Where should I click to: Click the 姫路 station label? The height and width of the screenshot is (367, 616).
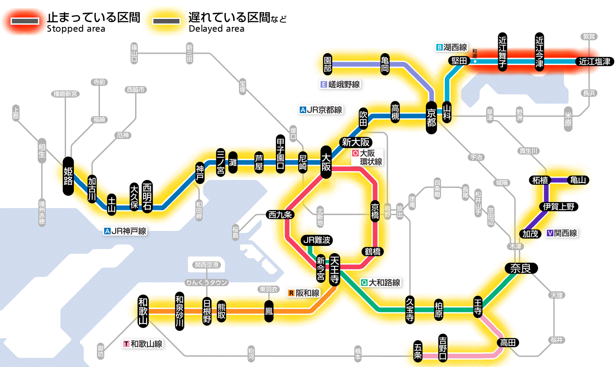point(68,176)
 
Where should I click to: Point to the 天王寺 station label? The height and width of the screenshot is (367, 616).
point(334,269)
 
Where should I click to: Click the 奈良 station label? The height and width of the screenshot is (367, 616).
point(521,268)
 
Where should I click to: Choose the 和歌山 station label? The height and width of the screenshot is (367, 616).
point(143,311)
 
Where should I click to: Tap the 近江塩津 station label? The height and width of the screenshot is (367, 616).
point(594,62)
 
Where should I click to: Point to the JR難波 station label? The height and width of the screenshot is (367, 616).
point(316,240)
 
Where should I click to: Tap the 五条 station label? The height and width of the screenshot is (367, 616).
point(418,351)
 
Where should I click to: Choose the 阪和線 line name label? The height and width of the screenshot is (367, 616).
point(307,293)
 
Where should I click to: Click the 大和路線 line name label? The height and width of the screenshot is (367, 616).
point(384,283)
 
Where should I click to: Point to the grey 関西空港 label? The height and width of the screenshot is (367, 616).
point(206,264)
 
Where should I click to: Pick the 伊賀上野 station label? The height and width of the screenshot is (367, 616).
point(559,206)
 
